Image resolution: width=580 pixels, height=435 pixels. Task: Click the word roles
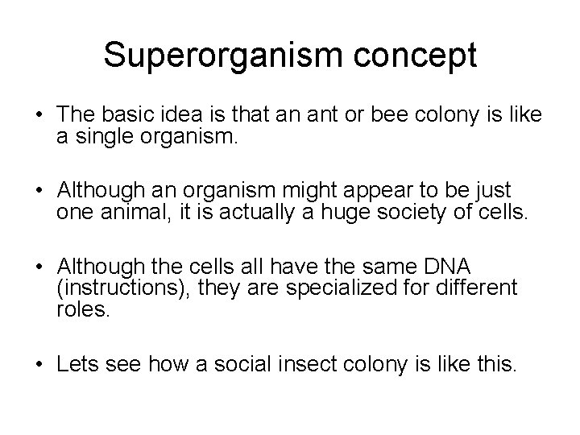tap(81, 309)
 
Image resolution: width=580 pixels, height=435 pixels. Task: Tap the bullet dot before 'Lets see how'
tap(39, 364)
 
